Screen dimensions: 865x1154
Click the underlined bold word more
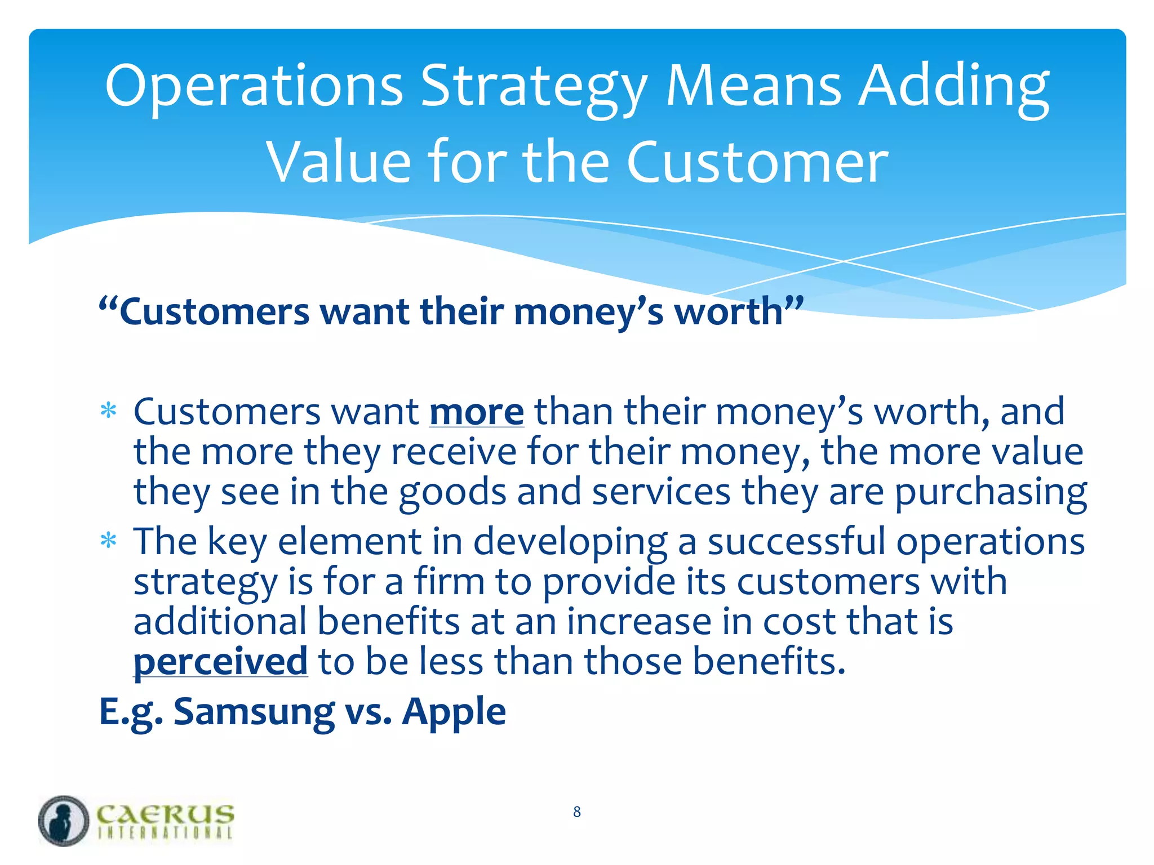click(477, 412)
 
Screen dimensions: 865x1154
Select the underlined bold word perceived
click(220, 661)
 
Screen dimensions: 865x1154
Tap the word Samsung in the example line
click(254, 712)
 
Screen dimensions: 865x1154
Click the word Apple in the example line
click(454, 712)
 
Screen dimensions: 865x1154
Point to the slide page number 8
click(577, 812)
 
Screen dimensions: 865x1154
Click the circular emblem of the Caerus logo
click(64, 821)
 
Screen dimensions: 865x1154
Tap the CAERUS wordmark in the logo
click(165, 814)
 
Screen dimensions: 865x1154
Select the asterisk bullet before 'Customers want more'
click(108, 412)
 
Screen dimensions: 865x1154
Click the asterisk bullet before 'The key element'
click(108, 541)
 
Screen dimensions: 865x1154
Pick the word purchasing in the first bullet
click(991, 492)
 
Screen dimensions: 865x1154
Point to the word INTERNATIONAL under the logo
click(165, 833)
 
